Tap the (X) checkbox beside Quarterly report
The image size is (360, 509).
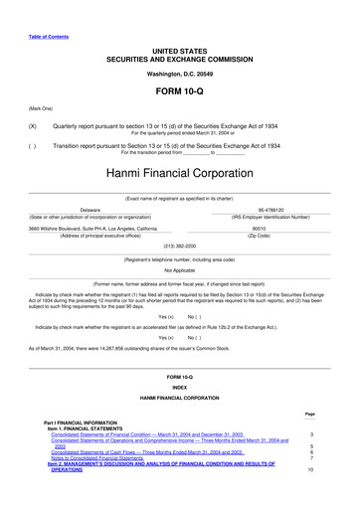(33, 127)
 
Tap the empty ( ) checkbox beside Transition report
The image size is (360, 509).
(33, 145)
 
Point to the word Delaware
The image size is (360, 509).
(90, 211)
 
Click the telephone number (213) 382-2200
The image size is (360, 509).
(179, 245)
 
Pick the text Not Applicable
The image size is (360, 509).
(179, 269)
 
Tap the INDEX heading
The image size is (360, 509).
(179, 388)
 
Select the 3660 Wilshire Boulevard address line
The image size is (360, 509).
(92, 228)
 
